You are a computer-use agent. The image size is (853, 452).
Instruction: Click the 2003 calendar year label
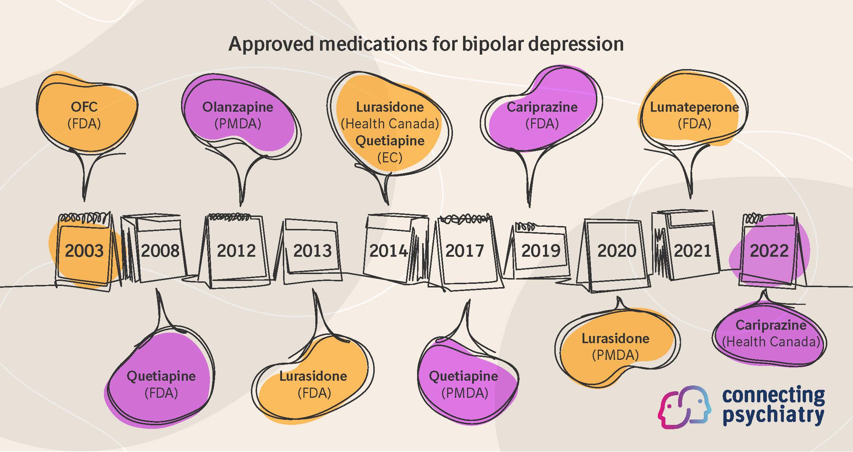pyautogui.click(x=84, y=251)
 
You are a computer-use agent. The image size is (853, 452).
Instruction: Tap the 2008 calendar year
pyautogui.click(x=160, y=251)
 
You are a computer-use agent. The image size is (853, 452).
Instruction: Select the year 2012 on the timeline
pyautogui.click(x=236, y=251)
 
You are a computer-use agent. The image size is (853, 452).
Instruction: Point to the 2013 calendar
pyautogui.click(x=312, y=251)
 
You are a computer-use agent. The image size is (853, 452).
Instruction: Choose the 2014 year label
pyautogui.click(x=388, y=251)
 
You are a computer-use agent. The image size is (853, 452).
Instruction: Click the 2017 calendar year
pyautogui.click(x=465, y=251)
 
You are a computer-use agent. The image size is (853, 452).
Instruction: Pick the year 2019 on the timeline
pyautogui.click(x=541, y=251)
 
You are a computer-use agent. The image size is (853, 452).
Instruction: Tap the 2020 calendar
pyautogui.click(x=617, y=251)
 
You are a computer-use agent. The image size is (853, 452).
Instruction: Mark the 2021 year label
pyautogui.click(x=692, y=251)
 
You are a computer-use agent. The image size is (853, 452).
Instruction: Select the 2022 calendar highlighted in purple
pyautogui.click(x=769, y=251)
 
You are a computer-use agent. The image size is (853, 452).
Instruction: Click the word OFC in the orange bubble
pyautogui.click(x=84, y=107)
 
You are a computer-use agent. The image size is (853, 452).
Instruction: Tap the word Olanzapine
pyautogui.click(x=238, y=107)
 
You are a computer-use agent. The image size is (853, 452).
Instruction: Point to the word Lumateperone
pyautogui.click(x=694, y=107)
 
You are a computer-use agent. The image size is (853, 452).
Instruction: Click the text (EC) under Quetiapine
pyautogui.click(x=390, y=158)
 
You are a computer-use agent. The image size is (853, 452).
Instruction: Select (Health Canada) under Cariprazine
pyautogui.click(x=771, y=342)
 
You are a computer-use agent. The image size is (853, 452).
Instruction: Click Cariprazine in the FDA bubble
pyautogui.click(x=542, y=107)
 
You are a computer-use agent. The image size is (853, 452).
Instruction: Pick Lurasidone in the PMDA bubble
pyautogui.click(x=615, y=338)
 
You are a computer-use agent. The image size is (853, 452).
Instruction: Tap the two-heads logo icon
pyautogui.click(x=684, y=407)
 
